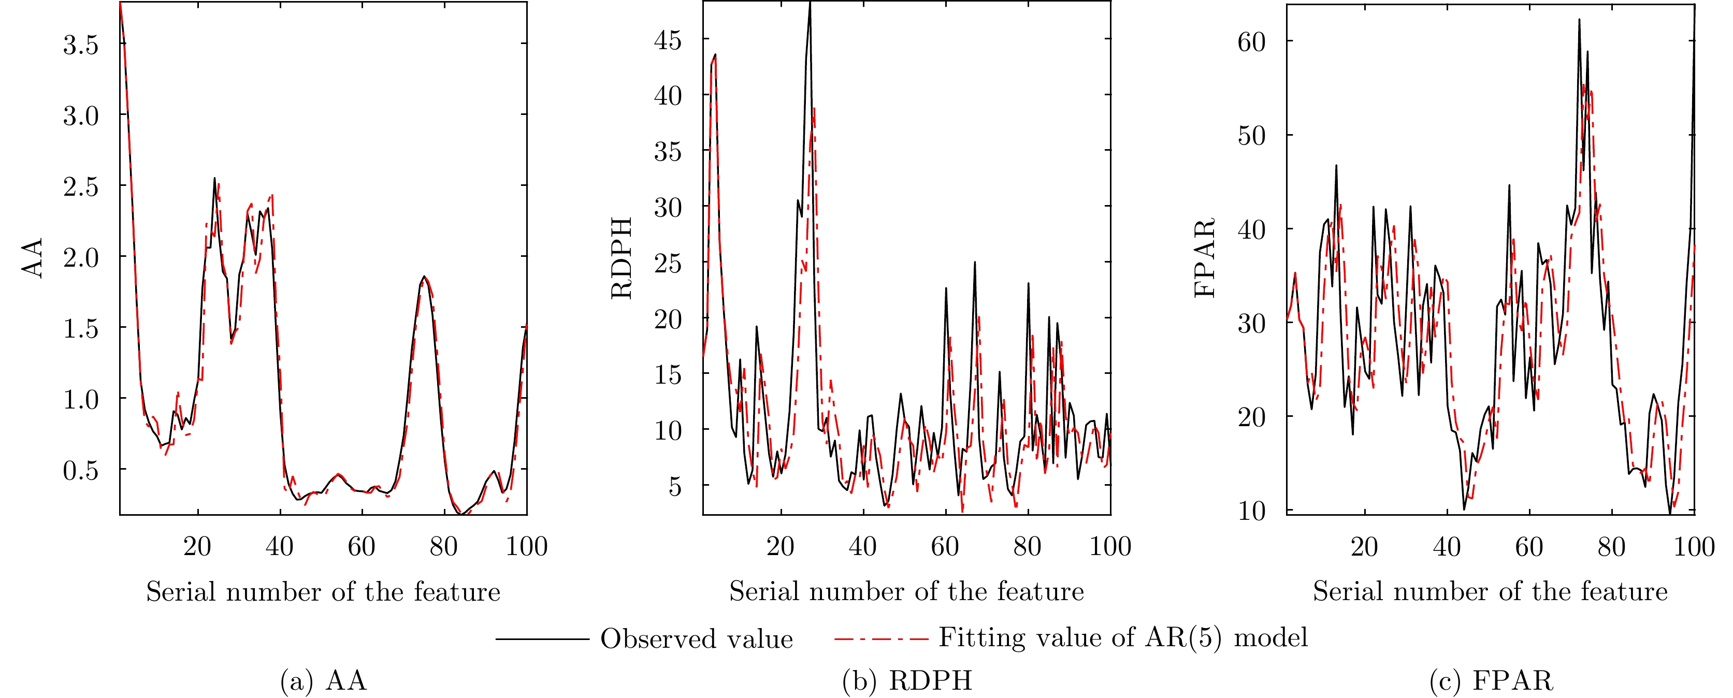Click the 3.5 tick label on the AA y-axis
(x=81, y=45)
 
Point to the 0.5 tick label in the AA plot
(x=81, y=471)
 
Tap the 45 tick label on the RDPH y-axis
(x=668, y=40)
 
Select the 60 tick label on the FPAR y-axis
(x=1251, y=42)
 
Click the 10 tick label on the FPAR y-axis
(x=1251, y=511)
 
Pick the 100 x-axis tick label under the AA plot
(x=526, y=546)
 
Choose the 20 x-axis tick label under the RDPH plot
(x=781, y=546)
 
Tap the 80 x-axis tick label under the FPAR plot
(x=1611, y=546)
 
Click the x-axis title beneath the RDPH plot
(x=906, y=591)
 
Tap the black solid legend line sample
(x=542, y=639)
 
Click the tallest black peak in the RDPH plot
(x=810, y=5)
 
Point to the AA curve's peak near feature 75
(x=424, y=277)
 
